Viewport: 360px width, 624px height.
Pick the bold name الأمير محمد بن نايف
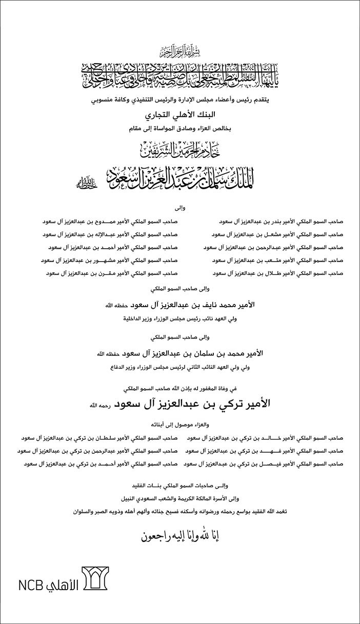tap(190, 305)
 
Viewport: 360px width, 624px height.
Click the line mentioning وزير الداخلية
tap(180, 318)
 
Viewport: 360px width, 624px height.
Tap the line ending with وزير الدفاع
tap(180, 367)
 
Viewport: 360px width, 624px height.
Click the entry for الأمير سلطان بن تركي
tap(99, 438)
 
